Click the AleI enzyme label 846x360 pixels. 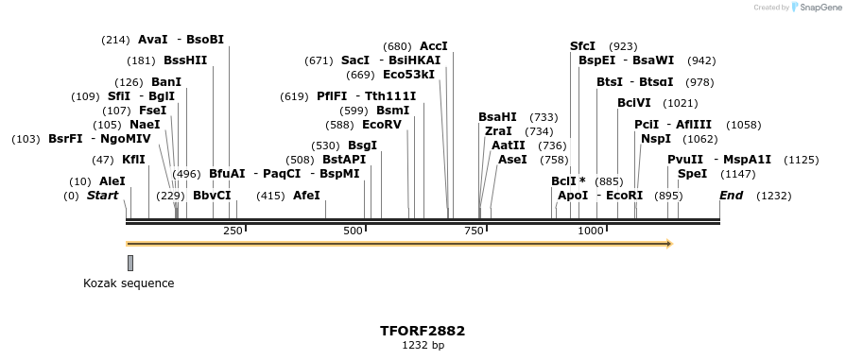[x=112, y=180]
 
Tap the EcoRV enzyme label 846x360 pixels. [x=382, y=124]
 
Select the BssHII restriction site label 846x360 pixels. [x=184, y=60]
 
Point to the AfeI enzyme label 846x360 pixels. [x=306, y=196]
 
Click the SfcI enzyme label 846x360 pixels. [x=582, y=45]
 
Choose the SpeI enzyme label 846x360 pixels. [x=692, y=174]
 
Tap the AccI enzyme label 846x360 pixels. [x=433, y=45]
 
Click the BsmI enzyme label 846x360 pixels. [x=392, y=111]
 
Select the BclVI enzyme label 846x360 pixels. [x=633, y=103]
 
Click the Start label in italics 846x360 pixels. [x=103, y=196]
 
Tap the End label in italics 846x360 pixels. [x=731, y=196]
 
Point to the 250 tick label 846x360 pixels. [x=233, y=231]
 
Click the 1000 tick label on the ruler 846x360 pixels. [x=591, y=231]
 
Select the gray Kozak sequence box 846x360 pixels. [x=130, y=263]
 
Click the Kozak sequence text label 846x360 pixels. [x=129, y=283]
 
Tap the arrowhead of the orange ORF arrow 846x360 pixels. [x=668, y=244]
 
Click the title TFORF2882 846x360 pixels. [x=423, y=331]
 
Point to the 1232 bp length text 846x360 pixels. [x=423, y=346]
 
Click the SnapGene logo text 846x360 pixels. [x=815, y=8]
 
